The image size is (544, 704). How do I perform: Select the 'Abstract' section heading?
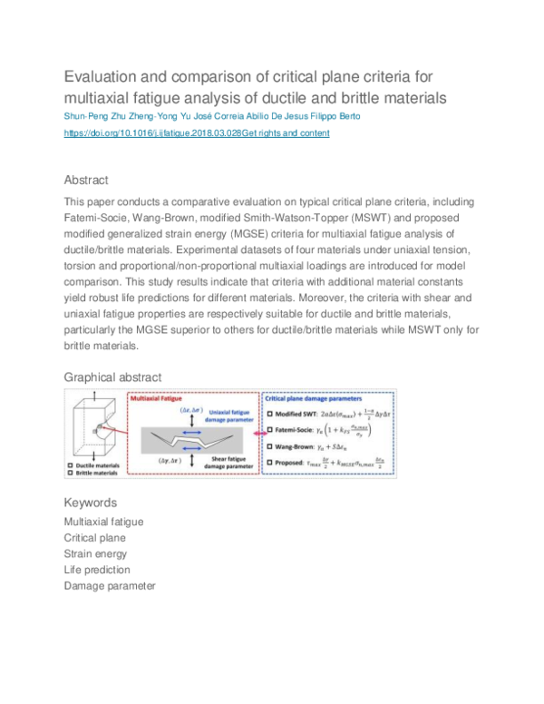click(86, 180)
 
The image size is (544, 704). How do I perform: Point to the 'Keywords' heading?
click(90, 503)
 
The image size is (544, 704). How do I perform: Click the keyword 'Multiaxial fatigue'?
click(103, 522)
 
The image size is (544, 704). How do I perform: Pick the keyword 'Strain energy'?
click(95, 553)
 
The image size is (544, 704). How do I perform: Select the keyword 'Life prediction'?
click(97, 570)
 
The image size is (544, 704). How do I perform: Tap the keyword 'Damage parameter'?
click(110, 586)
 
